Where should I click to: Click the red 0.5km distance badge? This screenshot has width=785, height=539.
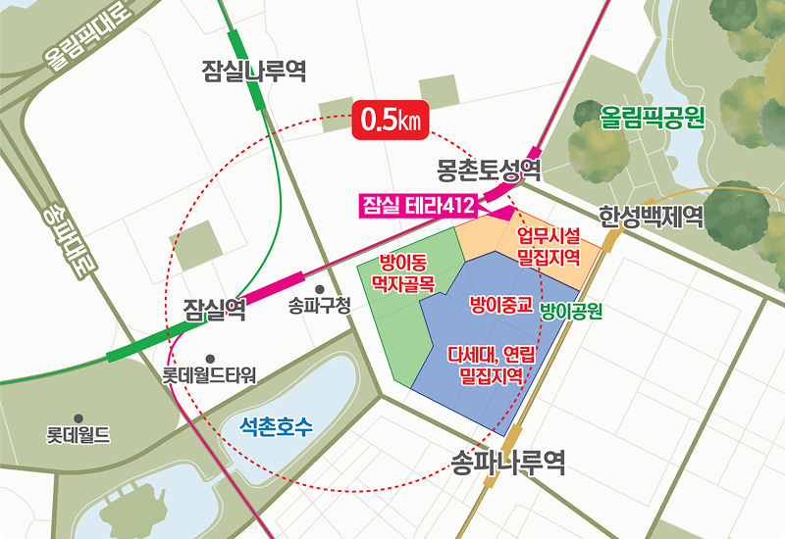[x=391, y=121]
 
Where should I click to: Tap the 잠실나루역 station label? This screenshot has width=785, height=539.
[x=253, y=71]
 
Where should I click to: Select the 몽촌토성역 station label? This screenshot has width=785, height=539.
[x=490, y=169]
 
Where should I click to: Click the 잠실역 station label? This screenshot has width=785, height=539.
[x=215, y=312]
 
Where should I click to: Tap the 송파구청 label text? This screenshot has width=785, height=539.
[x=320, y=305]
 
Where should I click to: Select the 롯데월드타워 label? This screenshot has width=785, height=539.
[x=209, y=375]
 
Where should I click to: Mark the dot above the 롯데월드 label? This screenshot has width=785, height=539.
[x=78, y=418]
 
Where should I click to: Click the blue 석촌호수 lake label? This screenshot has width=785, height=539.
[x=278, y=426]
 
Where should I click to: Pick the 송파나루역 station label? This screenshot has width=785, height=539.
[x=508, y=462]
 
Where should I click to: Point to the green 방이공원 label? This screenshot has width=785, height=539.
[x=570, y=312]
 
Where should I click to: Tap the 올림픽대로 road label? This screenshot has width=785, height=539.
[x=86, y=39]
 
